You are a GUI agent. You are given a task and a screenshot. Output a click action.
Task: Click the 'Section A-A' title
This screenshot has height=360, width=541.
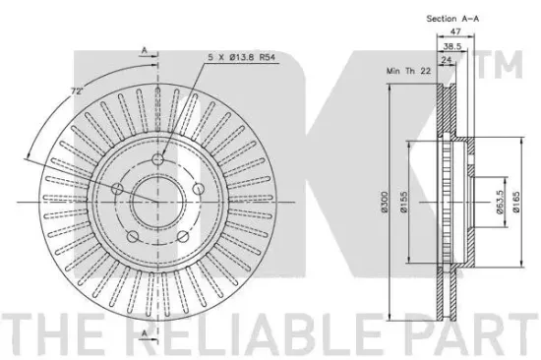(452, 19)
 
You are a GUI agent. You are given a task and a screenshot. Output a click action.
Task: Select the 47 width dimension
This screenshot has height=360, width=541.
(455, 31)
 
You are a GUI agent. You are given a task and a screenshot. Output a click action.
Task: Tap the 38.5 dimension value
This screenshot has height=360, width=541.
(452, 46)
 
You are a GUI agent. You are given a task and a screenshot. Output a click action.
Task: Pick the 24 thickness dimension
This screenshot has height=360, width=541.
(447, 60)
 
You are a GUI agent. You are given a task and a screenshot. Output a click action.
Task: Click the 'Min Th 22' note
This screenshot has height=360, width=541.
(408, 71)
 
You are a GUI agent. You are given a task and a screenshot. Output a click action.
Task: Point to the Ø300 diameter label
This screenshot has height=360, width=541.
(385, 202)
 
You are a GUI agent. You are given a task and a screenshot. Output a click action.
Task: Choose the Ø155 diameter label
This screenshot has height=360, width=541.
(403, 202)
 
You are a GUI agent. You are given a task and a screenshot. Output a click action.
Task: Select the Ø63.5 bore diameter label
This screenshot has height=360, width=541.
(500, 202)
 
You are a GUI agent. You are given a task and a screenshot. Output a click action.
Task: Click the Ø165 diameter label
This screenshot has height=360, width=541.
(516, 202)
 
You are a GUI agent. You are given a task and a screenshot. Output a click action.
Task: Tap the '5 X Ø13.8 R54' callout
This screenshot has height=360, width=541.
(242, 57)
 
